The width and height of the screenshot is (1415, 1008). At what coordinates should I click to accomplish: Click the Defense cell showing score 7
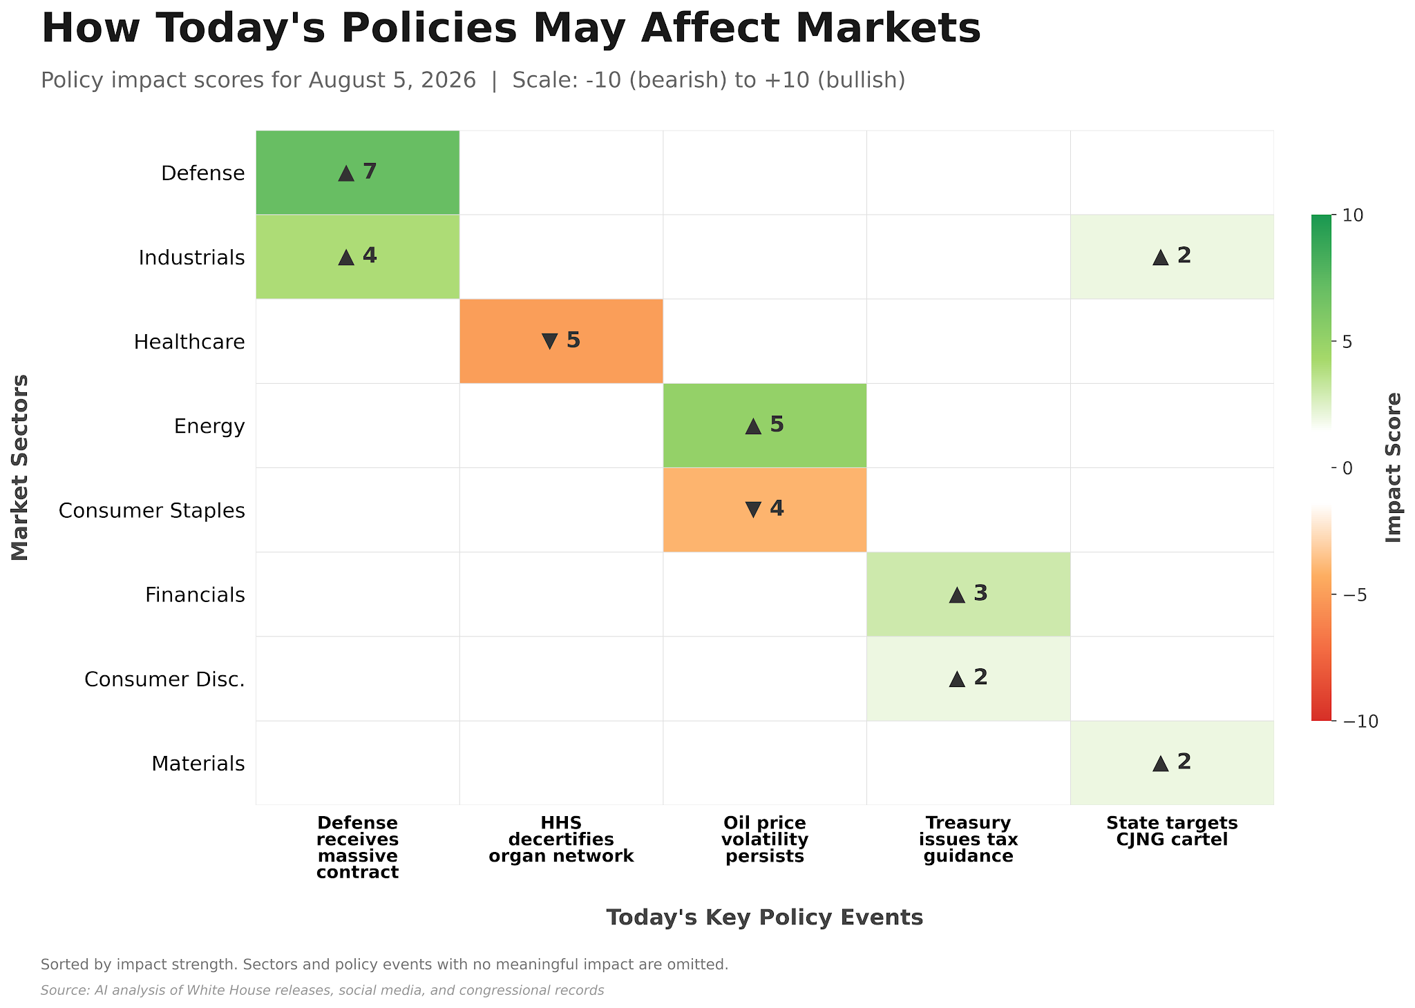point(357,173)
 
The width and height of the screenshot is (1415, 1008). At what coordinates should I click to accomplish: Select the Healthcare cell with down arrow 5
point(561,341)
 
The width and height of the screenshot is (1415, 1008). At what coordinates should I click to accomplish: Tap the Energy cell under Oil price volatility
point(765,425)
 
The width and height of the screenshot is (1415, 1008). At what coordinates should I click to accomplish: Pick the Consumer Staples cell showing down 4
point(765,510)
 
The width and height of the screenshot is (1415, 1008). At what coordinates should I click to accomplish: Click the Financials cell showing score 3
point(969,594)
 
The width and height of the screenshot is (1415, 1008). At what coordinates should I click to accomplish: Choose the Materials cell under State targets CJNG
point(1172,763)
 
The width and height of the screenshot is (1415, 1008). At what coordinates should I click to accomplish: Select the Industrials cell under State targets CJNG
point(1172,257)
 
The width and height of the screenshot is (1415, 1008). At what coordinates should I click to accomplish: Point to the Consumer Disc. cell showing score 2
point(969,679)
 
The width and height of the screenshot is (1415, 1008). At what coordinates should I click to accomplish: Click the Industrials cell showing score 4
point(357,257)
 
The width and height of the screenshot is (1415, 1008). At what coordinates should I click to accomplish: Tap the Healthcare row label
point(189,342)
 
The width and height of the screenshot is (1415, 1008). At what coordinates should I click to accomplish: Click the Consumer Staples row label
point(152,511)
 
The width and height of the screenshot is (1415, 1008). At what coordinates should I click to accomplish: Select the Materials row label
point(198,764)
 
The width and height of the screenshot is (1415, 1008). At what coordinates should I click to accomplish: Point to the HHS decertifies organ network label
point(561,840)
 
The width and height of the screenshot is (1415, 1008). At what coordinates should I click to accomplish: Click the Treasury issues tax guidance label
point(969,840)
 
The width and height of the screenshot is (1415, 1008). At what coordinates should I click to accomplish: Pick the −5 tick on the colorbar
point(1355,595)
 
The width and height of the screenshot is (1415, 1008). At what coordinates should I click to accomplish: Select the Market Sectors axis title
point(20,467)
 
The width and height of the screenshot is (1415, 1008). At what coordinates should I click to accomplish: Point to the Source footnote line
point(323,991)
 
